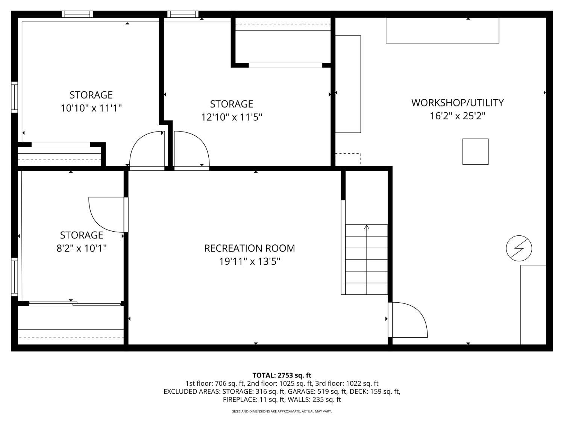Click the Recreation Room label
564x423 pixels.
pyautogui.click(x=249, y=248)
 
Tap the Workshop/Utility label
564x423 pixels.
pyautogui.click(x=457, y=103)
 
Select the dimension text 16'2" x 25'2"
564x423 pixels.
pyautogui.click(x=457, y=116)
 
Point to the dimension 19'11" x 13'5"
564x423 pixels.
pyautogui.click(x=249, y=261)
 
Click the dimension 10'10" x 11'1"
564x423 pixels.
pyautogui.click(x=91, y=108)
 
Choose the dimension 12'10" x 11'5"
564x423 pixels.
pyautogui.click(x=232, y=117)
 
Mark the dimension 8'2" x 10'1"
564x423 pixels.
pyautogui.click(x=82, y=249)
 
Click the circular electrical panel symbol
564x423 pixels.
pyautogui.click(x=519, y=249)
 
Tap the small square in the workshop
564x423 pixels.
pyautogui.click(x=475, y=152)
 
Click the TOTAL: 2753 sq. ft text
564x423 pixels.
pyautogui.click(x=282, y=375)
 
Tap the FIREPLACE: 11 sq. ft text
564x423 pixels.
pyautogui.click(x=253, y=400)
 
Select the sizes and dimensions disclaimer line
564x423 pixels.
pyautogui.click(x=282, y=411)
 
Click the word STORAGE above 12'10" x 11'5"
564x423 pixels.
pyautogui.click(x=232, y=104)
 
